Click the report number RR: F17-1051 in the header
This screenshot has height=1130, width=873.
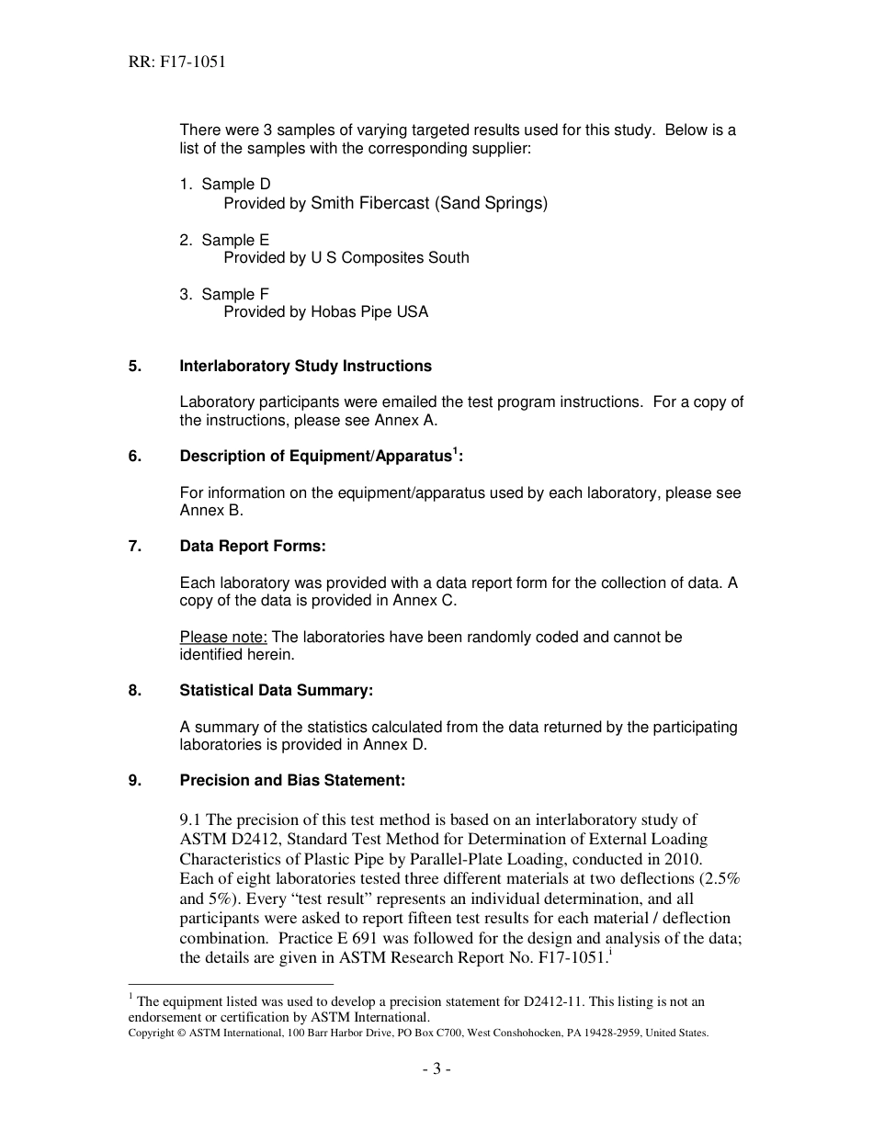click(177, 62)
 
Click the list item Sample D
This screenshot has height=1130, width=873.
click(235, 185)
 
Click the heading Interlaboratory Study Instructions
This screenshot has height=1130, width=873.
click(305, 367)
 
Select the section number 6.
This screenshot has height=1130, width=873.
click(134, 457)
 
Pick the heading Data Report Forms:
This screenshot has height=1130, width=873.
click(253, 547)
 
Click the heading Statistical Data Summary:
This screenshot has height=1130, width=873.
click(276, 691)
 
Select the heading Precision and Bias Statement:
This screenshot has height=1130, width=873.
click(292, 781)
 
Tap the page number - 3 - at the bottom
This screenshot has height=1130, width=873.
click(436, 1068)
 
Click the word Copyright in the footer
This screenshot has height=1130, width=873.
click(151, 1033)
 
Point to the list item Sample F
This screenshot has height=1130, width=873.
click(235, 294)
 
